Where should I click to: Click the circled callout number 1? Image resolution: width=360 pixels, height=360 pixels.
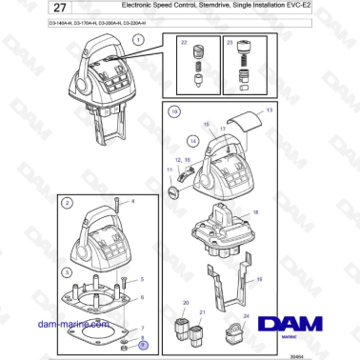138,40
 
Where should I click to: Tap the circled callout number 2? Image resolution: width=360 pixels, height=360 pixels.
67,203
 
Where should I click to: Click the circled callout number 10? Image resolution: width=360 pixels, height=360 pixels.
174,111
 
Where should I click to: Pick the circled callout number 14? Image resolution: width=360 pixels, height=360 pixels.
192,140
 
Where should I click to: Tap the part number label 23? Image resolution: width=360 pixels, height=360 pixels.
230,44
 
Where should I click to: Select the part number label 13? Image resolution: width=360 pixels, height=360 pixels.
270,110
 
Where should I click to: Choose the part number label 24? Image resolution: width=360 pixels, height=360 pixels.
246,315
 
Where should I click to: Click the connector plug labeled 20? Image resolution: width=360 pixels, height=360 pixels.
184,334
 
